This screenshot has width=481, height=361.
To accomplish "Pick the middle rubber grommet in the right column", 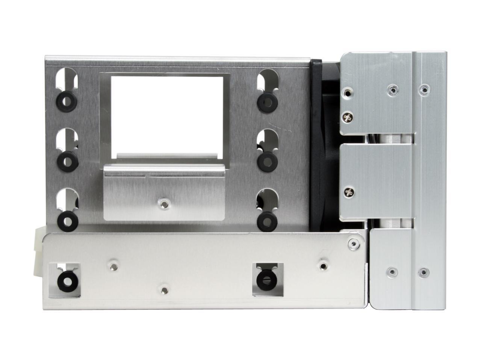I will click(x=267, y=161).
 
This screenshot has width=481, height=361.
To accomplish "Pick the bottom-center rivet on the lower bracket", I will click(x=164, y=290).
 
